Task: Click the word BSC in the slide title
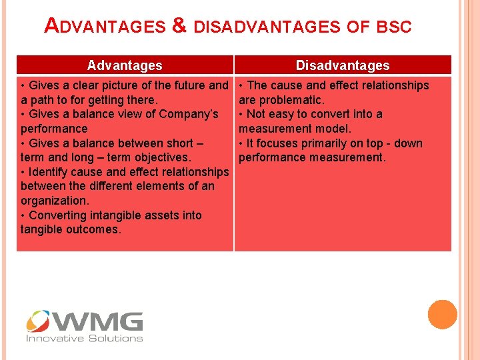click(x=394, y=27)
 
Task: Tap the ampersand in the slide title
click(x=178, y=27)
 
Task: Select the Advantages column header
click(x=125, y=65)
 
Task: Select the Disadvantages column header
click(x=343, y=65)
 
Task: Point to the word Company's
click(x=190, y=114)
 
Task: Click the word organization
click(x=55, y=201)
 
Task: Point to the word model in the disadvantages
click(x=332, y=129)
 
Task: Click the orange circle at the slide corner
click(x=442, y=314)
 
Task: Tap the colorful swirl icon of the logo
click(x=38, y=321)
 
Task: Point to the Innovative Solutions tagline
click(x=84, y=339)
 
